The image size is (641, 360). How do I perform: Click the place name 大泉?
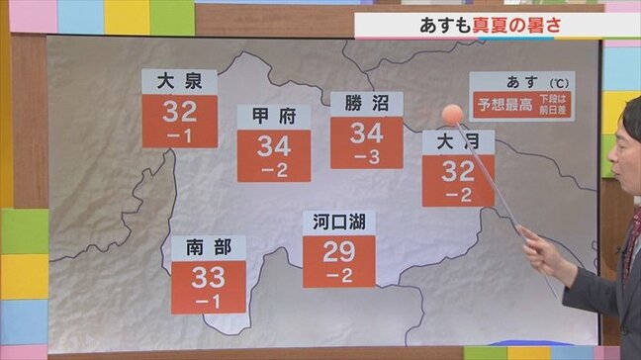[179, 80]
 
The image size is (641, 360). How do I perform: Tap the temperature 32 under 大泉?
[179, 111]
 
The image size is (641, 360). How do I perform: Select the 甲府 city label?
[273, 117]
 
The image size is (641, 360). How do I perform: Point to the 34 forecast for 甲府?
[273, 147]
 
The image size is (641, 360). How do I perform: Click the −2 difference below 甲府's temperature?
[273, 171]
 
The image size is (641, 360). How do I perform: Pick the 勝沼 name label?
[366, 103]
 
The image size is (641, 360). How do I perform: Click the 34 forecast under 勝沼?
[366, 134]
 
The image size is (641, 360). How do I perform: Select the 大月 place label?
[457, 141]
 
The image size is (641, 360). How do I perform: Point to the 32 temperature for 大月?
[457, 172]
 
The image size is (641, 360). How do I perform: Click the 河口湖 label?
[338, 222]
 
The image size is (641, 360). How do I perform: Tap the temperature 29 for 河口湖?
[338, 251]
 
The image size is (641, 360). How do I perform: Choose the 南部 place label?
[208, 247]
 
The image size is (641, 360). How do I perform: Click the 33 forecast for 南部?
[208, 277]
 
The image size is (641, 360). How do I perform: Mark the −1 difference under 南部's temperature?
[208, 301]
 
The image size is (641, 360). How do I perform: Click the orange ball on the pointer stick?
[452, 114]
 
